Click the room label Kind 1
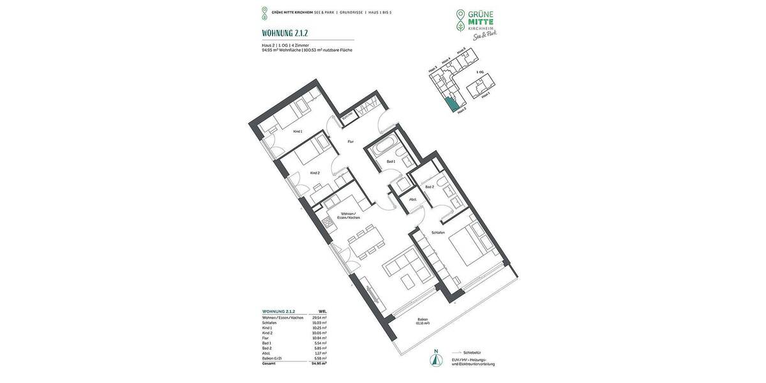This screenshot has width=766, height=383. [x=297, y=131]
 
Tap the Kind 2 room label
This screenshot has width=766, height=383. [x=314, y=173]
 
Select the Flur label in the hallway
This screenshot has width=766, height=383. [x=350, y=142]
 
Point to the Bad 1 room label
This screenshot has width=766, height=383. [x=391, y=161]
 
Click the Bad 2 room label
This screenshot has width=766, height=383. [x=429, y=186]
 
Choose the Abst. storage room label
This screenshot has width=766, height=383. [x=413, y=200]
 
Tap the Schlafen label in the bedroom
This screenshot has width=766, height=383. [x=438, y=232]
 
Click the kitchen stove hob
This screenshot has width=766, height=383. [x=328, y=223]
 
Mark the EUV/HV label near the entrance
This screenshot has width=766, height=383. [x=347, y=116]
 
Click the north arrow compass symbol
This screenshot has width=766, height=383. [x=436, y=359]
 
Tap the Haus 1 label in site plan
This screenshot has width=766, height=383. [x=486, y=94]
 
